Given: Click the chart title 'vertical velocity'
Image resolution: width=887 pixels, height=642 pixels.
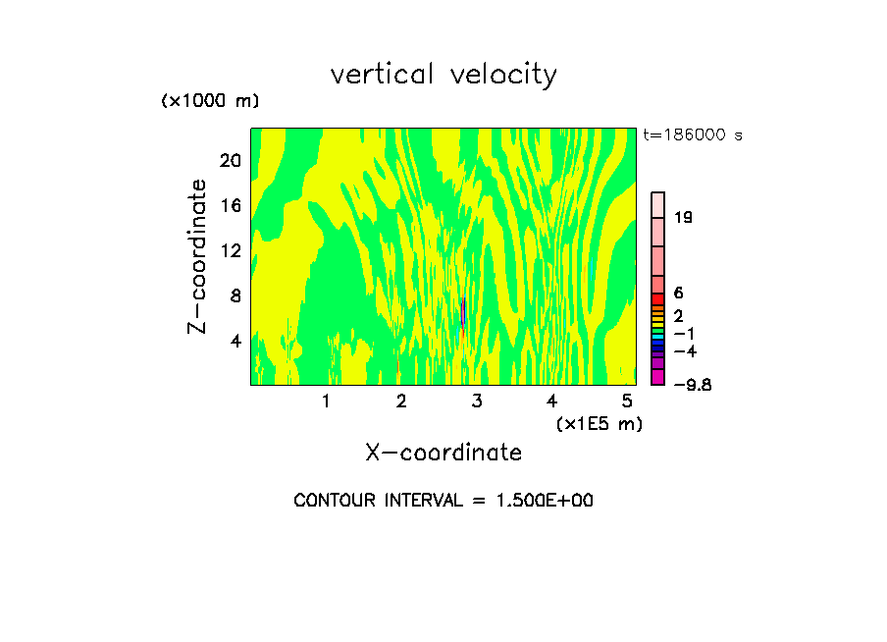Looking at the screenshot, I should click(443, 75).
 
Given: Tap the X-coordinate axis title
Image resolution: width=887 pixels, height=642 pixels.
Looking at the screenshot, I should click(443, 453).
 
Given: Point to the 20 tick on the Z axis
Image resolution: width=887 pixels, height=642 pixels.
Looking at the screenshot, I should click(231, 161).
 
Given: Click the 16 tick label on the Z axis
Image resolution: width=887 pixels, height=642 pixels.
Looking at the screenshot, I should click(231, 206).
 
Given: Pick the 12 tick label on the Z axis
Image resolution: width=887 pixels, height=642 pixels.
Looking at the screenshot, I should click(231, 250).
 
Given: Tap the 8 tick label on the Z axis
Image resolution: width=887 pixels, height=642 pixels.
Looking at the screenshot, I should click(235, 295).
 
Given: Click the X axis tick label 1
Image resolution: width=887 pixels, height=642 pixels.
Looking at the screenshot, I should click(326, 401).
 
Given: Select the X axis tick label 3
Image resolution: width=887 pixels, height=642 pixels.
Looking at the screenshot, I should click(477, 401).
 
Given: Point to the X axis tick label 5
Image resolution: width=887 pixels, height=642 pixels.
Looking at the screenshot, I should click(627, 401).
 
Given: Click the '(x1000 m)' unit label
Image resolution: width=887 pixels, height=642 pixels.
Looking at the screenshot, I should click(210, 101).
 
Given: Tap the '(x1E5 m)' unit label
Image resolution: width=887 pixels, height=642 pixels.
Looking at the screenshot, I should click(599, 423).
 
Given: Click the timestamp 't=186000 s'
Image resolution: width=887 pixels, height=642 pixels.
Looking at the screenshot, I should click(693, 134).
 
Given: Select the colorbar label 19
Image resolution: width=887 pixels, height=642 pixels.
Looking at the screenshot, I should click(683, 217).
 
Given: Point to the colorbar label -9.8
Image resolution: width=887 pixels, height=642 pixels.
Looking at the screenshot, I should click(692, 384).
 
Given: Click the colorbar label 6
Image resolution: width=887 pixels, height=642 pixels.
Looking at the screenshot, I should click(678, 293).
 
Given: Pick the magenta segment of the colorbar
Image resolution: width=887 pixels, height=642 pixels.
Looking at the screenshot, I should click(658, 377).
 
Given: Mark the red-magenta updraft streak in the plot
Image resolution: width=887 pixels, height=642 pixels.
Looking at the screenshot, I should click(462, 314).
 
